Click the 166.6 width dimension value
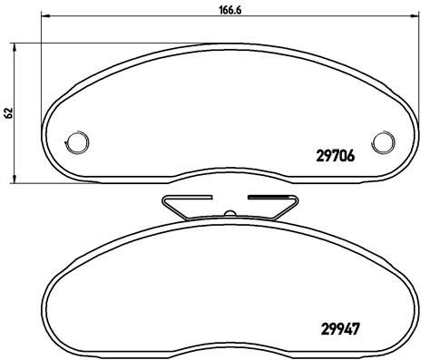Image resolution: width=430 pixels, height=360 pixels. [x=230, y=10]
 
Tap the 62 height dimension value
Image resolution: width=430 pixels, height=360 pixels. [x=9, y=112]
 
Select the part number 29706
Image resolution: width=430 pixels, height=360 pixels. [x=335, y=156]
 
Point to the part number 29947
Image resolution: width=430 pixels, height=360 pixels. [x=340, y=329]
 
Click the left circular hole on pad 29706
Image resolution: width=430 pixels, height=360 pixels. [x=76, y=141]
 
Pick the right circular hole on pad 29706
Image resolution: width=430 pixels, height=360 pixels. [x=383, y=141]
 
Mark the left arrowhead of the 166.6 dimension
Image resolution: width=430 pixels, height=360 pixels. [x=44, y=15]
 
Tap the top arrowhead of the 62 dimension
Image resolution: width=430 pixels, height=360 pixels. [x=14, y=47]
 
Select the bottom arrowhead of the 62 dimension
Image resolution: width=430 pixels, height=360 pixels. [x=14, y=180]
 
